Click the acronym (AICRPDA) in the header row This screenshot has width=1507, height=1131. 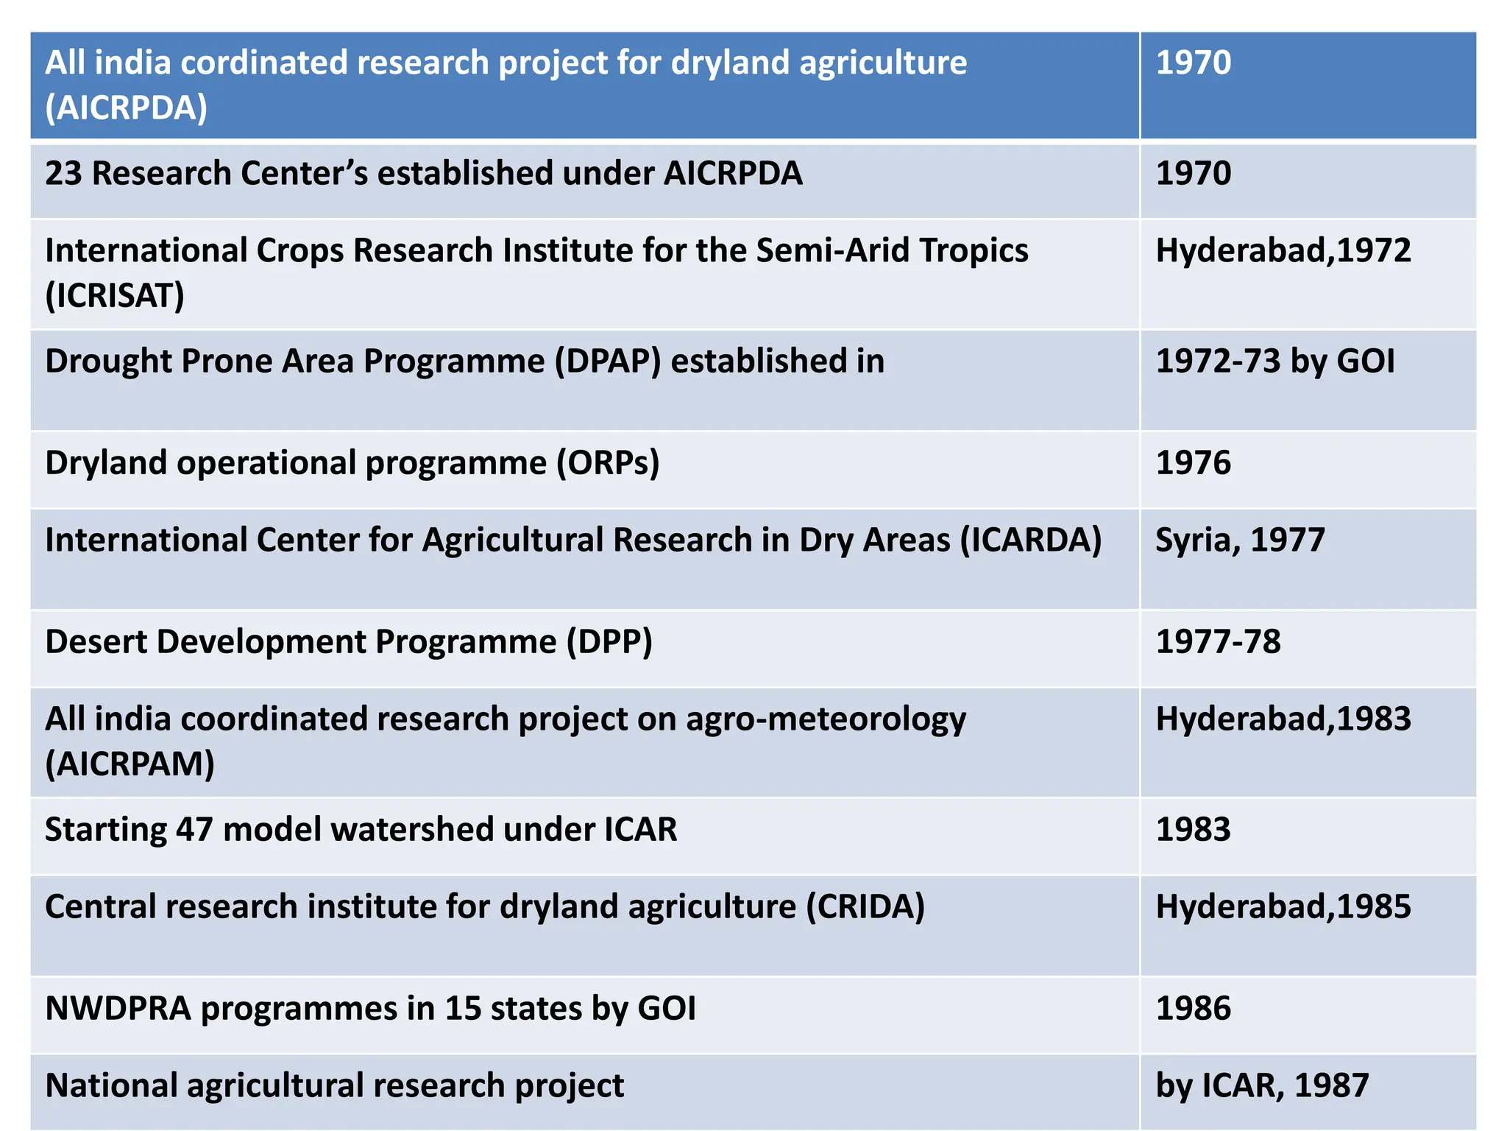coord(126,108)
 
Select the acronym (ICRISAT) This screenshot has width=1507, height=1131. coord(115,296)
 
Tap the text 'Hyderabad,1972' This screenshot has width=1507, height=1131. coord(1283,251)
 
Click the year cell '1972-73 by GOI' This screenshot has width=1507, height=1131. coord(1274,362)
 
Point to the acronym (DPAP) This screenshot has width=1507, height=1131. coord(608,362)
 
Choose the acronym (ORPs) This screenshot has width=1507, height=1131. coord(608,463)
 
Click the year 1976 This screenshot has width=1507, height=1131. coord(1193,463)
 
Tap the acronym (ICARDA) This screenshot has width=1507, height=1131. coord(1030,540)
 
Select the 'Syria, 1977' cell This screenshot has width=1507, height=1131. coord(1240,540)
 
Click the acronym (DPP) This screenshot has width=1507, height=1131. coord(609,642)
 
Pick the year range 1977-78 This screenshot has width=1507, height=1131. coord(1218,642)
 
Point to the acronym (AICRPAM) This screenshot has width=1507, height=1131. coord(130,764)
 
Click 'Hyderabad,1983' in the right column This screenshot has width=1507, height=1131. coord(1283,719)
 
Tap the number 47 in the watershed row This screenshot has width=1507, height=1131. coord(194,830)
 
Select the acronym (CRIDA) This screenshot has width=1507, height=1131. coord(865,907)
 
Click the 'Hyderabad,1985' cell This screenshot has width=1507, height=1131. coord(1283,907)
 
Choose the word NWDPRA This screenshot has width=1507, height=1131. coord(118,1009)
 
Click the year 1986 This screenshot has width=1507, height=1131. coord(1193,1009)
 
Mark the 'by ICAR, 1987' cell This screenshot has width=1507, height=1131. coord(1262,1086)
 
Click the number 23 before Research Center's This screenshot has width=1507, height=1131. coord(63,174)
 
